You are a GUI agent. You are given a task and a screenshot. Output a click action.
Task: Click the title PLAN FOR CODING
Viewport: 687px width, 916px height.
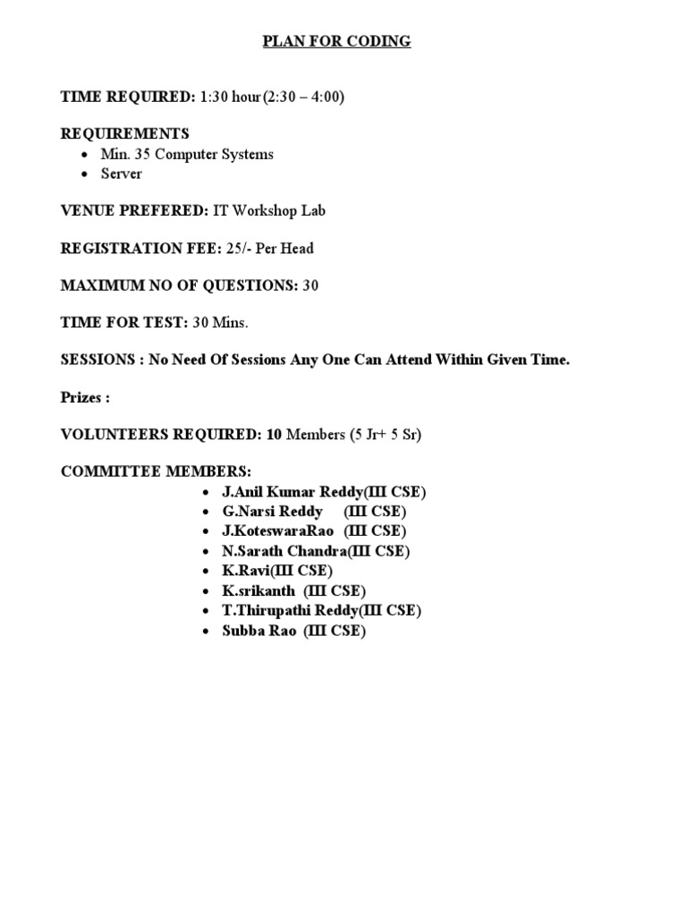tap(336, 41)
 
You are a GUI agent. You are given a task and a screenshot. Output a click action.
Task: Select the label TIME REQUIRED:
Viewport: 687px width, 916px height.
tap(127, 97)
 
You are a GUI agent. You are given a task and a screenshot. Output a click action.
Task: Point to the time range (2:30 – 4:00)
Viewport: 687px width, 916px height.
tap(303, 97)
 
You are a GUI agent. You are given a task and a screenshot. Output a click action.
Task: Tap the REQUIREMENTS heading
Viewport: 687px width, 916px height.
tap(124, 134)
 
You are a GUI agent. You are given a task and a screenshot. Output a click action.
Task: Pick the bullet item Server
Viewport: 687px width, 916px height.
tap(121, 174)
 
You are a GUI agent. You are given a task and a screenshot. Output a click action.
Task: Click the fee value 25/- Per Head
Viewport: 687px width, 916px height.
tap(270, 249)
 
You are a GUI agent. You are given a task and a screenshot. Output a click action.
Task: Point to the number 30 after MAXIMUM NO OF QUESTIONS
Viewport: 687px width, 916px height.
tap(310, 286)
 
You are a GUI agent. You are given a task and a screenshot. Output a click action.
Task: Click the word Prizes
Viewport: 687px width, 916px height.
tap(83, 397)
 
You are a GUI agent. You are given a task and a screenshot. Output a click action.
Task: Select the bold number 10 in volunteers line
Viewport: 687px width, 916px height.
tap(274, 435)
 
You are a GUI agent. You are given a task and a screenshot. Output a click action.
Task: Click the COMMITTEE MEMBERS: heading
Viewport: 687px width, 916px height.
tap(156, 471)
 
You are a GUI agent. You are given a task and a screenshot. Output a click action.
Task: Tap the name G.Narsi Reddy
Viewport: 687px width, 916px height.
tap(273, 512)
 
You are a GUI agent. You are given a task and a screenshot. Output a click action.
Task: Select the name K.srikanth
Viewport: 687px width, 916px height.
tap(259, 590)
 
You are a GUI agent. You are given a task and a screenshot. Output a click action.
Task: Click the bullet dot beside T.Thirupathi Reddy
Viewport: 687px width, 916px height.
tap(207, 611)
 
